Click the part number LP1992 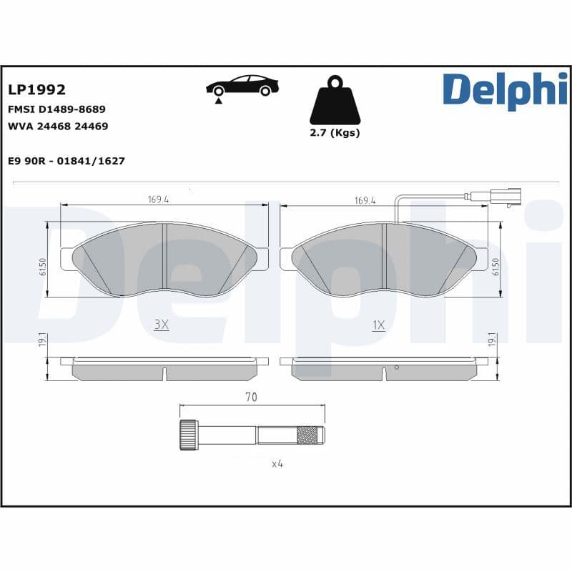36,90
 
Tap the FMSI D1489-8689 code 56,109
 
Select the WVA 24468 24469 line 57,127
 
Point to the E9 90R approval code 66,161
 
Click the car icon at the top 242,87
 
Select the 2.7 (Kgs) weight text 335,133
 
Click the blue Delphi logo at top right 505,92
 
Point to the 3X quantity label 162,325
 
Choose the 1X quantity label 379,325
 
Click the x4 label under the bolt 277,464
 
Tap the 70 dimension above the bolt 251,397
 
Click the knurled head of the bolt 188,433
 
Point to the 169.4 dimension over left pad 158,200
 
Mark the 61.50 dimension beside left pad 43,266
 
